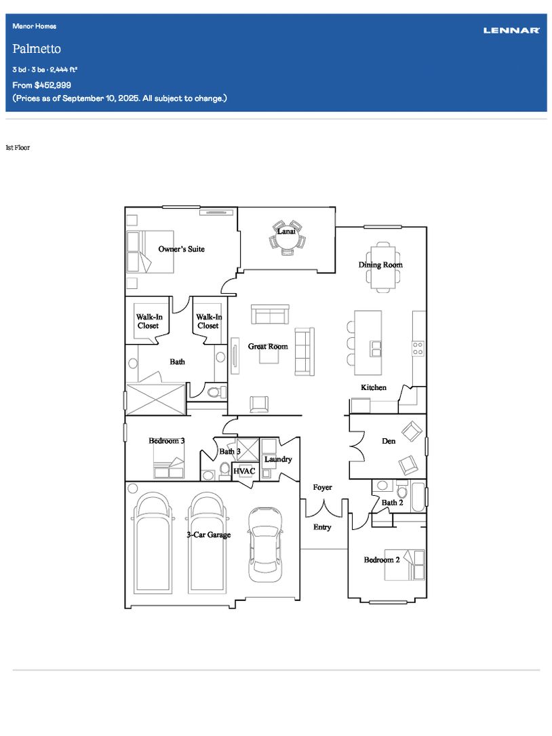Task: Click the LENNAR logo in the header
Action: (511, 31)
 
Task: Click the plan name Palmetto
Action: (37, 49)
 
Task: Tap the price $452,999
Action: (53, 85)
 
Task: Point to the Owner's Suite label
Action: (181, 249)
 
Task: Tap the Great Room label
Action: (268, 347)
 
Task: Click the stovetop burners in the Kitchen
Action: (418, 348)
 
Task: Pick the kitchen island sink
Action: (376, 349)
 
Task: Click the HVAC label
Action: (244, 471)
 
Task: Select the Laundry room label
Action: (278, 459)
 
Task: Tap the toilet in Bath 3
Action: (225, 468)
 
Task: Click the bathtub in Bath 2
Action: (418, 497)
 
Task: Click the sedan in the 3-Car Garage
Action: (266, 544)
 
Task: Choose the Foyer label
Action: (323, 487)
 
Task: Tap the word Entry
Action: (322, 527)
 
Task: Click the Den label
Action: (389, 441)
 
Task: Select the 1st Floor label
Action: (18, 147)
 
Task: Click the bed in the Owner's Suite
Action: (150, 252)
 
